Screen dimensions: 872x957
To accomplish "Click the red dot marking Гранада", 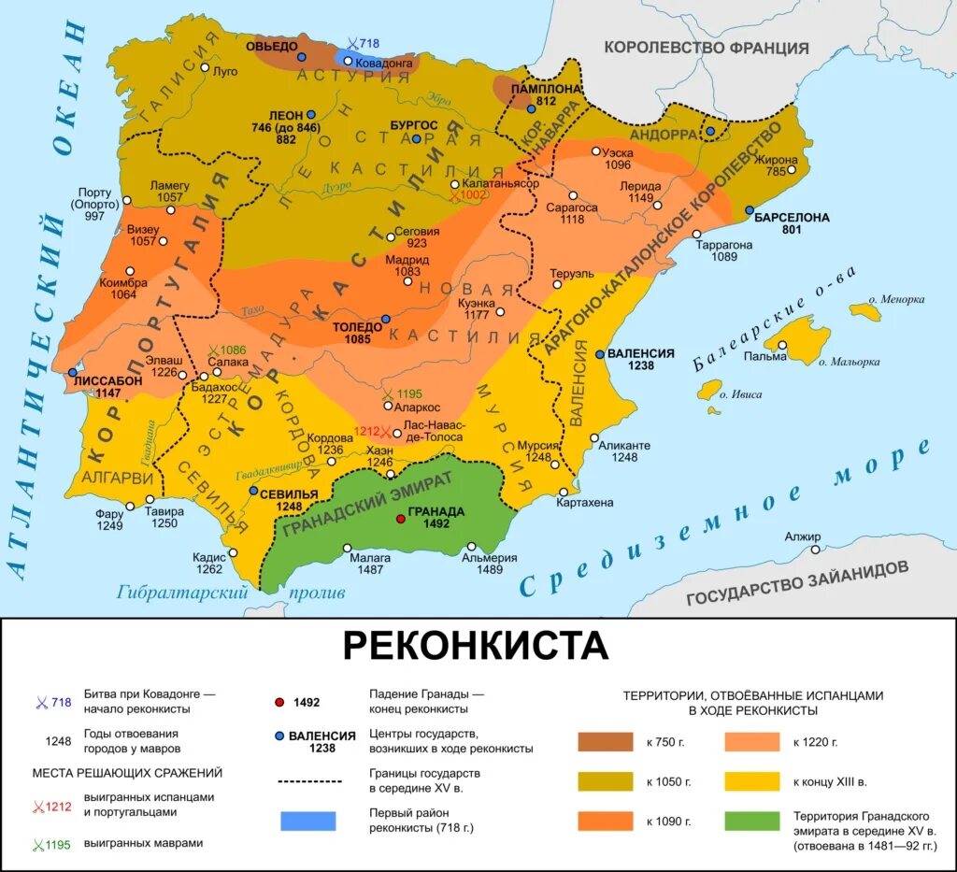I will [x=400, y=518].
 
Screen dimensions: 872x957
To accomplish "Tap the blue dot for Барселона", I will [x=750, y=210].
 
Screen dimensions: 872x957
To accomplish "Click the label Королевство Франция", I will [x=706, y=48].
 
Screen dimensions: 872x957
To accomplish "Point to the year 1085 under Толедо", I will [x=358, y=341].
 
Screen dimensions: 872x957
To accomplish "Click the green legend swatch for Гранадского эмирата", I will [x=752, y=821].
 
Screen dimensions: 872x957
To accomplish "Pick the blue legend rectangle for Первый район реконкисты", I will [x=307, y=821].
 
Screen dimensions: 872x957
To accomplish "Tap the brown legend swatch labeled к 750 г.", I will [x=605, y=742].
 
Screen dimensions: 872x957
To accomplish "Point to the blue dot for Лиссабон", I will [x=73, y=372].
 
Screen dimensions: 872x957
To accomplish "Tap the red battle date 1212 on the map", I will [x=367, y=432].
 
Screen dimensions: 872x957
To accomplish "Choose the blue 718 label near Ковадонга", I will [x=366, y=44].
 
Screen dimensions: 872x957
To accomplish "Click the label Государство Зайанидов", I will [x=796, y=583].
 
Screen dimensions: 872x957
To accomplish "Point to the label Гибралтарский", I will [x=182, y=591].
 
